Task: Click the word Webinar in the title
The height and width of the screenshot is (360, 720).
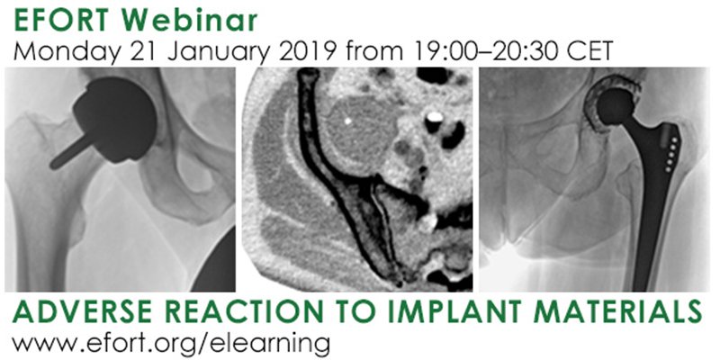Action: (199, 17)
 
